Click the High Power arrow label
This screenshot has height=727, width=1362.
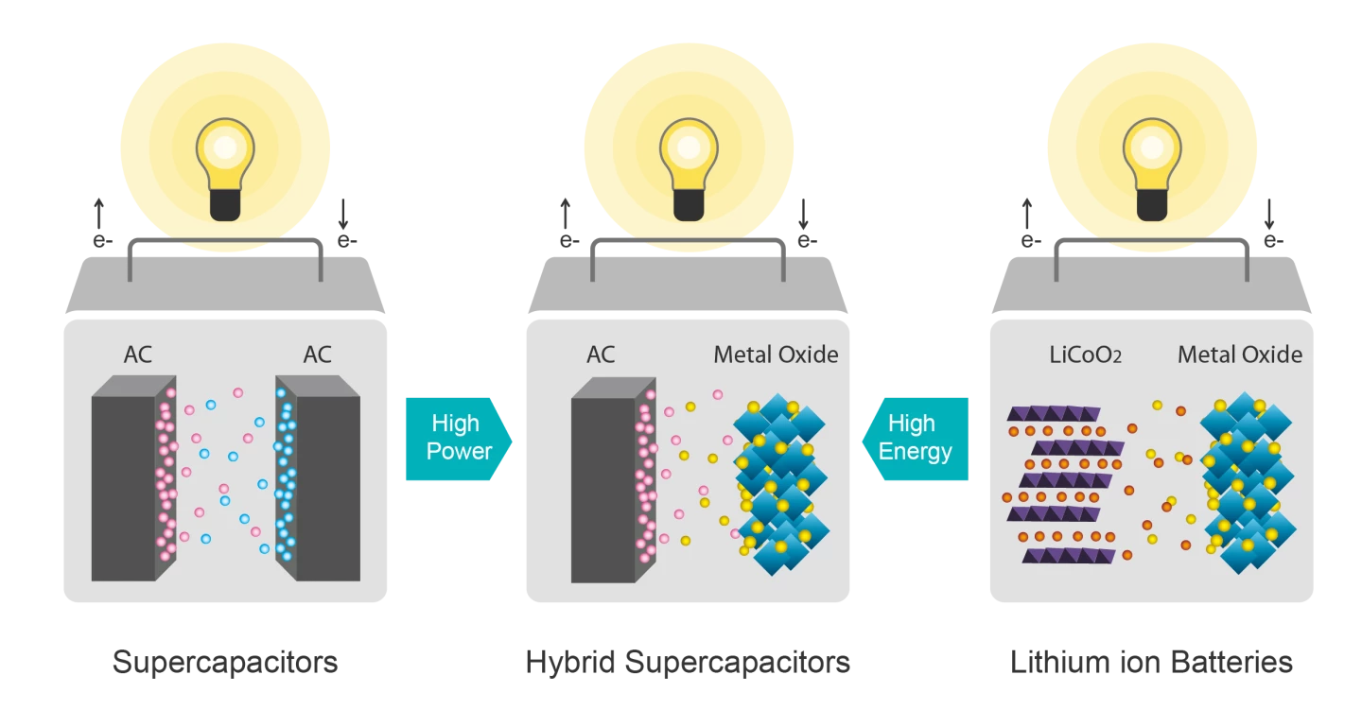pyautogui.click(x=458, y=438)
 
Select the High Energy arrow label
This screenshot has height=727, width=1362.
pyautogui.click(x=914, y=438)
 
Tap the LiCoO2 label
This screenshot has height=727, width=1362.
pyautogui.click(x=1085, y=355)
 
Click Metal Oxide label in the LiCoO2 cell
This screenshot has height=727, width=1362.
pyautogui.click(x=1239, y=355)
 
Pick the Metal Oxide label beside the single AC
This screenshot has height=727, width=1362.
pyautogui.click(x=776, y=355)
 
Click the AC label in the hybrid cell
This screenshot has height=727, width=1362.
pyautogui.click(x=601, y=355)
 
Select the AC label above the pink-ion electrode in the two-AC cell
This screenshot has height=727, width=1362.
pyautogui.click(x=138, y=355)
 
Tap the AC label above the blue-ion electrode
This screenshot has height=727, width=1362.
pyautogui.click(x=318, y=355)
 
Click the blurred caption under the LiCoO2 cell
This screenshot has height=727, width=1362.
pyautogui.click(x=1150, y=660)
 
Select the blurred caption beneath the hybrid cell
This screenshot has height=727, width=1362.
pyautogui.click(x=688, y=660)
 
